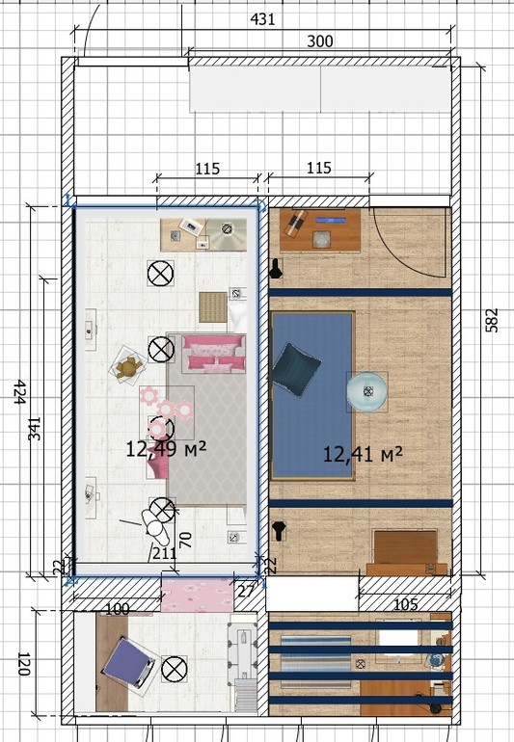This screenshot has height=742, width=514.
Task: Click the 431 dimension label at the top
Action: [262, 19]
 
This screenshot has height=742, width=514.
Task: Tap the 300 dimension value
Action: [320, 41]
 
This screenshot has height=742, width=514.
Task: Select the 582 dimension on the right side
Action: [493, 320]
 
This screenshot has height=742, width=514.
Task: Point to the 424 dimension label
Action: [19, 391]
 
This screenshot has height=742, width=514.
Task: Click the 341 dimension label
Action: [35, 429]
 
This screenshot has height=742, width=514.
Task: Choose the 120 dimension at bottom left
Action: [23, 663]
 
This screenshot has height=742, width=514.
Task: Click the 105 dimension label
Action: [406, 604]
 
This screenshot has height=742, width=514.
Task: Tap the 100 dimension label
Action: [117, 609]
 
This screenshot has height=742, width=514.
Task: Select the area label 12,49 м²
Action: [166, 449]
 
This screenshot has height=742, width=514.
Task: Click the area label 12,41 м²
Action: [363, 454]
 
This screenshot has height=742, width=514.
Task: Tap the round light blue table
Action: [366, 391]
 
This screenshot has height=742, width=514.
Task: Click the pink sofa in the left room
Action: [214, 353]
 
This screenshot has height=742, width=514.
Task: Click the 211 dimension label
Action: [164, 553]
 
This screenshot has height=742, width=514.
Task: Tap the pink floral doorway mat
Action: [197, 595]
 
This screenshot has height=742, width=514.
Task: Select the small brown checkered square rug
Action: [213, 307]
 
